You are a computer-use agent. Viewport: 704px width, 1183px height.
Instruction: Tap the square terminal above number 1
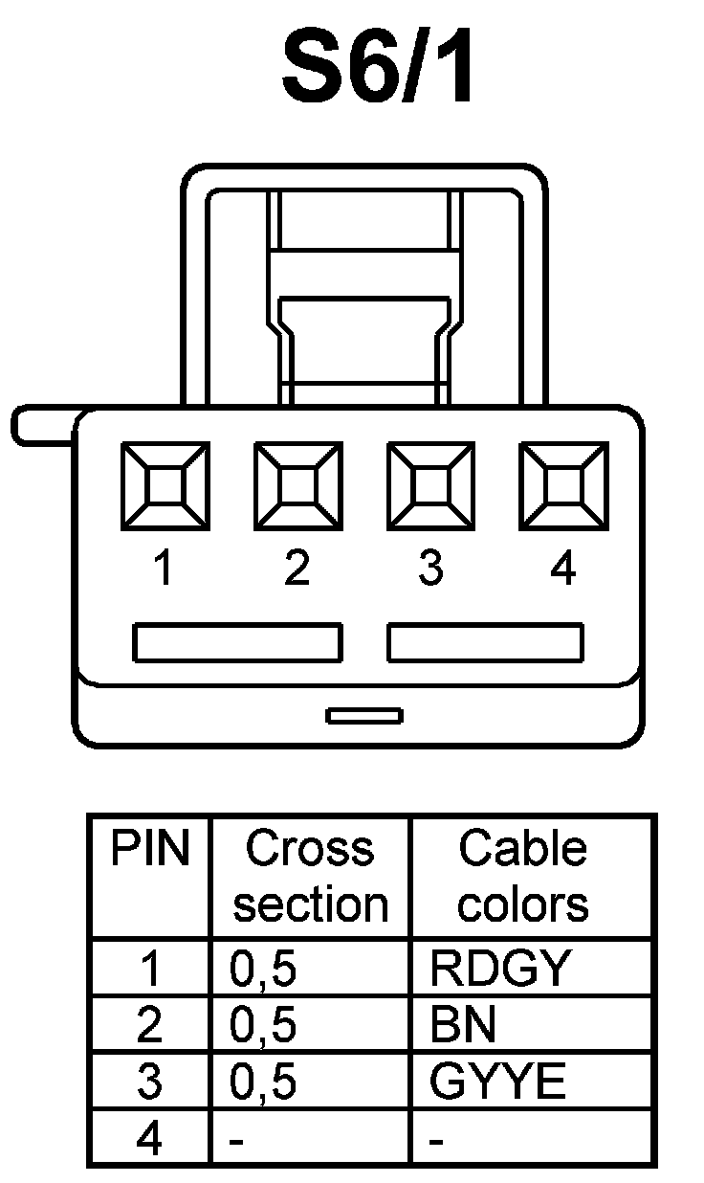point(165,485)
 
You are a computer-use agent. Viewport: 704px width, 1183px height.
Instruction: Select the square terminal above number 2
point(297,485)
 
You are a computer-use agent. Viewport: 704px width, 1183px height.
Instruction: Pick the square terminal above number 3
point(430,485)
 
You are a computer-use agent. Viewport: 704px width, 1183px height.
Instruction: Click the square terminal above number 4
point(563,485)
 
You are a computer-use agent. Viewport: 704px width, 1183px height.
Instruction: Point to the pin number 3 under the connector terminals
point(430,569)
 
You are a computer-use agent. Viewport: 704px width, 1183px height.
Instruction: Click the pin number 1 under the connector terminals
point(165,569)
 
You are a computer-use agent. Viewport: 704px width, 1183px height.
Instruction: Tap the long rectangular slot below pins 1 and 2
point(237,642)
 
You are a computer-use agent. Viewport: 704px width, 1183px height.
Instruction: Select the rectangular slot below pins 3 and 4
point(485,642)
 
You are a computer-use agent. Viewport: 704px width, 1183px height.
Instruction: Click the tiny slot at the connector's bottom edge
point(364,715)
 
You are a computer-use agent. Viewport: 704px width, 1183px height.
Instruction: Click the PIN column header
point(150,849)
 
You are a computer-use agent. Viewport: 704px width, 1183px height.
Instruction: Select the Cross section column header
point(310,876)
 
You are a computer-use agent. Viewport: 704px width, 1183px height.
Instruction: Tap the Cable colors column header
point(522,876)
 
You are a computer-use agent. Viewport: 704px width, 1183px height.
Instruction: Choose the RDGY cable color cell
point(499,969)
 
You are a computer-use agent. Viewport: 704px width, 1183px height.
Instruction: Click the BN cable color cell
point(463,1025)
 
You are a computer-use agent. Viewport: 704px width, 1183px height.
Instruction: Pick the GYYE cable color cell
point(497,1082)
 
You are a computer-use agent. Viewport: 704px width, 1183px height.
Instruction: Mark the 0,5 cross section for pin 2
point(263,1025)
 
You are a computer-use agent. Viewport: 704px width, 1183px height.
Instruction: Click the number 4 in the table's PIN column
point(150,1139)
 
